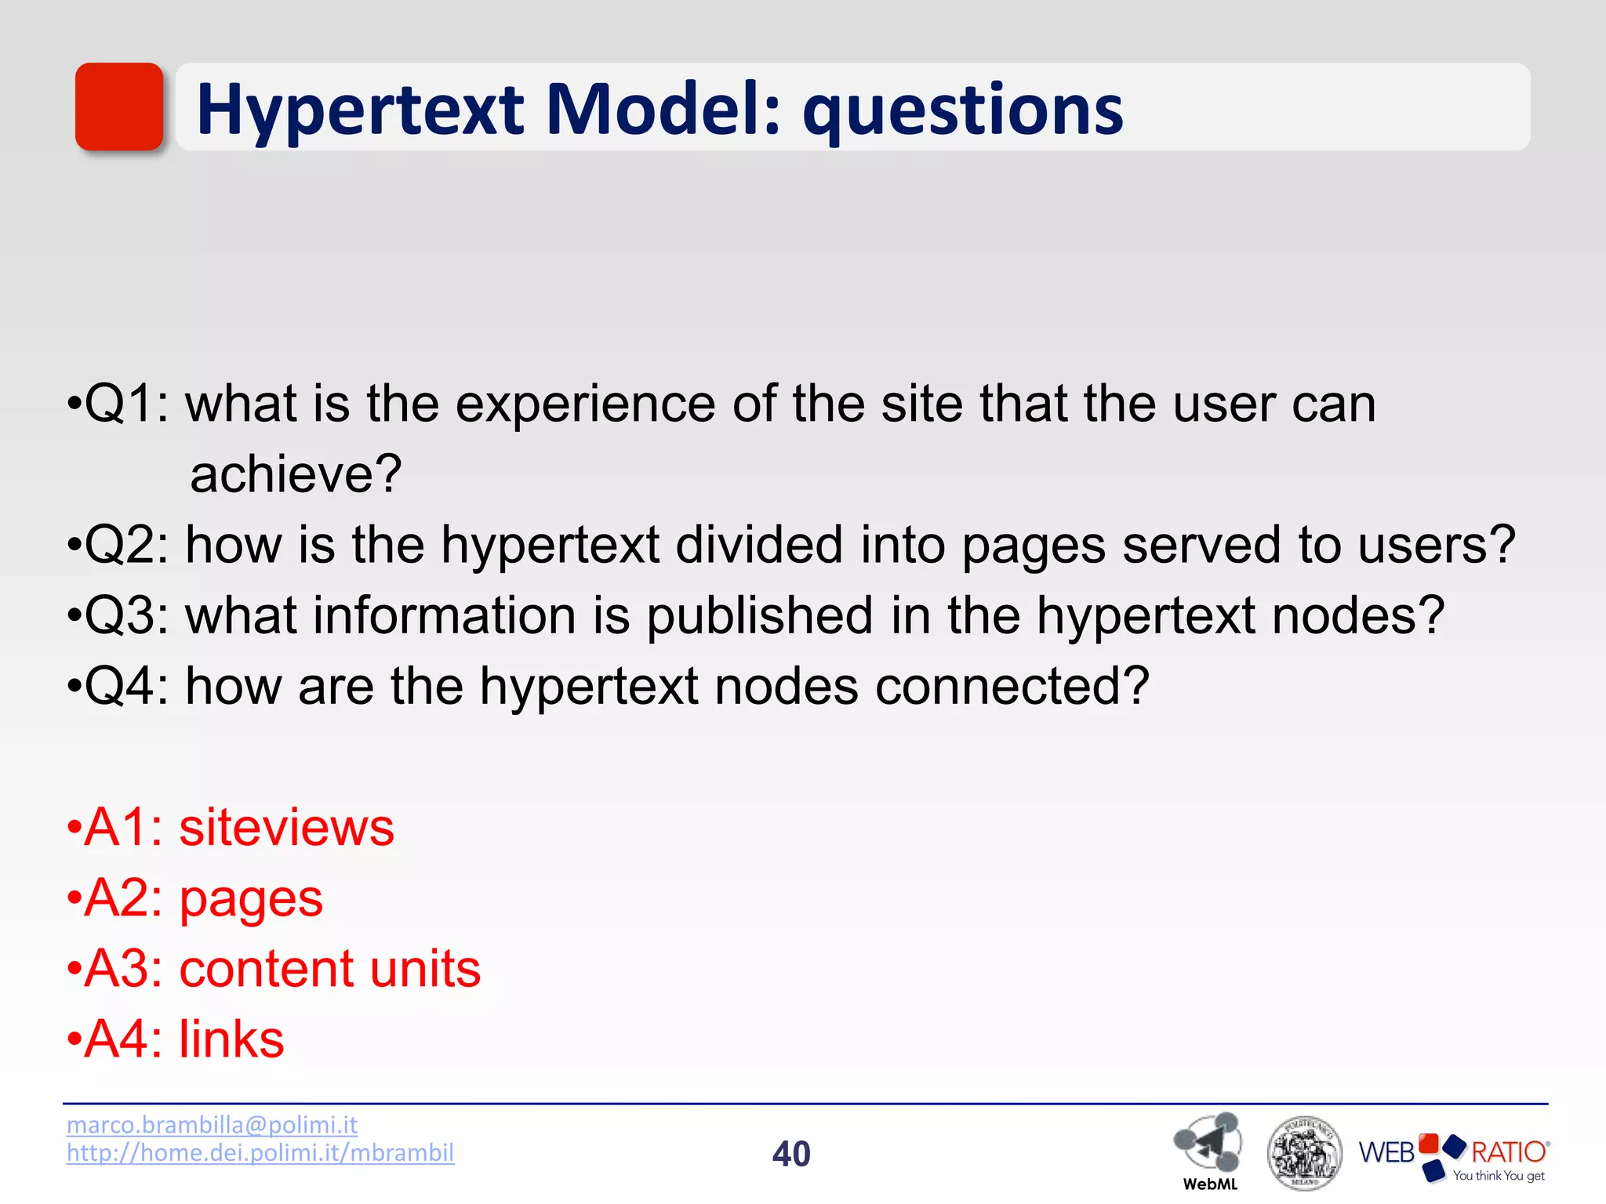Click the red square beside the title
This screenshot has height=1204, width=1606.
[118, 107]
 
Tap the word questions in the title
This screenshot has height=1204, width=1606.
[963, 111]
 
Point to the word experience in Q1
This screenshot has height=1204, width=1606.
[585, 405]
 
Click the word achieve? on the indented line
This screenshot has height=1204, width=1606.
[296, 474]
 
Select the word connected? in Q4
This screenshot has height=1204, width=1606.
[1012, 687]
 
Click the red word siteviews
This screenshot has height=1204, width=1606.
[286, 828]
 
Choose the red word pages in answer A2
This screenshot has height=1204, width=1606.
[251, 900]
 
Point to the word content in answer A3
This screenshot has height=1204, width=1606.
[266, 970]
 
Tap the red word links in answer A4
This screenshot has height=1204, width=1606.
[231, 1040]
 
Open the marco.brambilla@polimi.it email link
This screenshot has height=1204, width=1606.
[212, 1125]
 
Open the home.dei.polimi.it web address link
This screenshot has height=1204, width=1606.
[260, 1153]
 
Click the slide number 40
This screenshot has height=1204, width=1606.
[791, 1154]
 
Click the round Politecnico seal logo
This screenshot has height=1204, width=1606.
[1304, 1153]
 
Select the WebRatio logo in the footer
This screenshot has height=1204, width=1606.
[1454, 1156]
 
